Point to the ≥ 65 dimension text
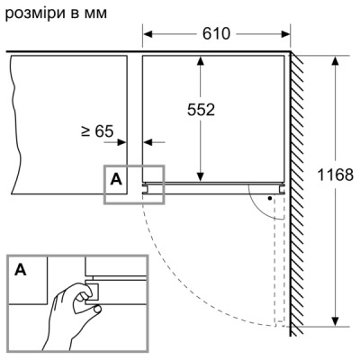(x=98, y=131)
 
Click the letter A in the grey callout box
(x=116, y=179)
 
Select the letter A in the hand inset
(x=19, y=269)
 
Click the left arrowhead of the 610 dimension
(x=150, y=34)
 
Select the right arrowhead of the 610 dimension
(x=285, y=34)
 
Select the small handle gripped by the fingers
(x=91, y=289)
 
